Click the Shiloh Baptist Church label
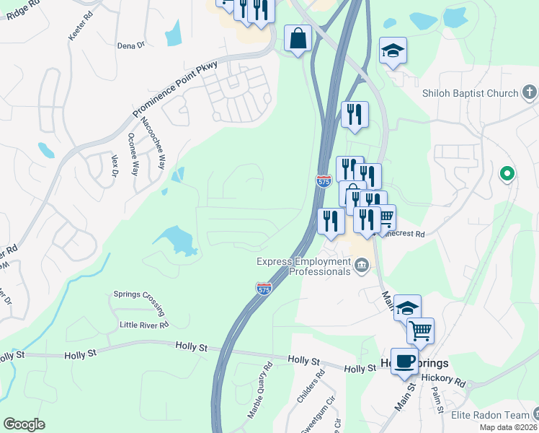(x=470, y=93)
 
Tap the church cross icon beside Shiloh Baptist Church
(x=530, y=92)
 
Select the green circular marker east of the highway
(x=507, y=173)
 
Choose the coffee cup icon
(x=405, y=361)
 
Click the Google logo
(x=24, y=424)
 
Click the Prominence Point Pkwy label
(x=176, y=89)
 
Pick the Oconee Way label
(x=133, y=154)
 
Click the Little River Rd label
(x=143, y=325)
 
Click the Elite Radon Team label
(x=490, y=415)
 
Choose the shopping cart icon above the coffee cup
(x=420, y=331)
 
